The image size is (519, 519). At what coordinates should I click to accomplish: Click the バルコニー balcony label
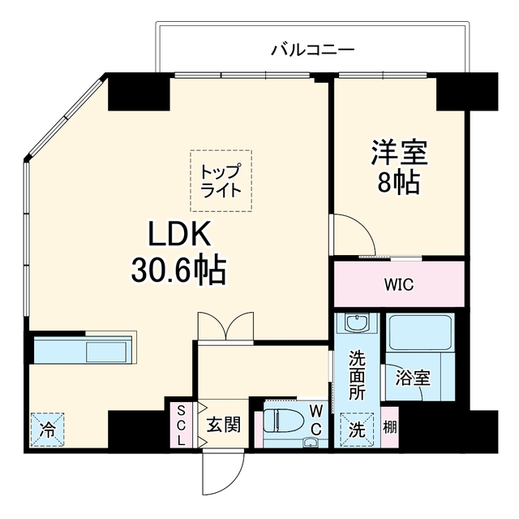pyautogui.click(x=313, y=50)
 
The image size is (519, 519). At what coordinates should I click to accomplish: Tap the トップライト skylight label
pyautogui.click(x=221, y=181)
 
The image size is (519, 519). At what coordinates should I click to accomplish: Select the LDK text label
pyautogui.click(x=180, y=234)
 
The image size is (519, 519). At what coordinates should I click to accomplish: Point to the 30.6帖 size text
pyautogui.click(x=178, y=270)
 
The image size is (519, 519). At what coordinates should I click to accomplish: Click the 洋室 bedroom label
pyautogui.click(x=399, y=153)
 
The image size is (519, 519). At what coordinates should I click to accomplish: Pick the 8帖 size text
pyautogui.click(x=399, y=182)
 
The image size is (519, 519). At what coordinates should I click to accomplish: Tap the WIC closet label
pyautogui.click(x=399, y=284)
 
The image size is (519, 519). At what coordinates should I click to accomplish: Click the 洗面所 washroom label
pyautogui.click(x=357, y=375)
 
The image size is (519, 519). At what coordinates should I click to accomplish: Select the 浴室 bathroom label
pyautogui.click(x=413, y=378)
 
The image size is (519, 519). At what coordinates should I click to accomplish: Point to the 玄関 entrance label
pyautogui.click(x=224, y=425)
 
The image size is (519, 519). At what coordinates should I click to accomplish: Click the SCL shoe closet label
pyautogui.click(x=181, y=426)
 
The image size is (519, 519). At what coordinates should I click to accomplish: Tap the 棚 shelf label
pyautogui.click(x=389, y=427)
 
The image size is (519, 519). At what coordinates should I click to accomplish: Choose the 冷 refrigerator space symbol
pyautogui.click(x=47, y=430)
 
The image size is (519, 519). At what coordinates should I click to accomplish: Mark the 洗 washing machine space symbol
pyautogui.click(x=357, y=430)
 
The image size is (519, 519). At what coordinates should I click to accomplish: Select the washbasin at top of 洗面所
pyautogui.click(x=357, y=323)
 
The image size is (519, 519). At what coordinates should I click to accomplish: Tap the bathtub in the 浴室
pyautogui.click(x=420, y=333)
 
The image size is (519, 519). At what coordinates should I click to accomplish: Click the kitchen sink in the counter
pyautogui.click(x=106, y=352)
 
